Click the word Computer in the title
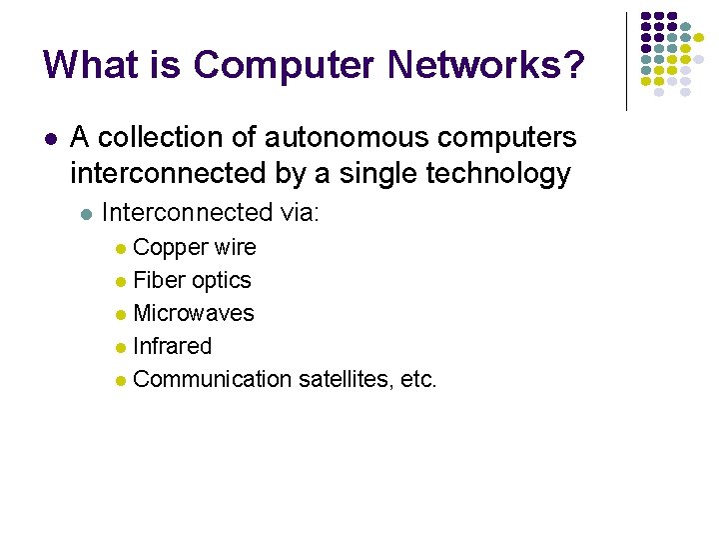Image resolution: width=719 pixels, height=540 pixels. [284, 66]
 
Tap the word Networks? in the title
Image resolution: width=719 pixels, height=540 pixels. [486, 66]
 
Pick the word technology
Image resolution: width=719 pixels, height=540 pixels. [498, 174]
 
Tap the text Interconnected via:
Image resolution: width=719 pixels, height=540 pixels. [211, 212]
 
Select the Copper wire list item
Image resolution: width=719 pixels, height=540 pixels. [194, 247]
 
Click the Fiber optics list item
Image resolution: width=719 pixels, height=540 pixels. [192, 280]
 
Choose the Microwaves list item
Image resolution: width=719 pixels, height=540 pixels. [194, 313]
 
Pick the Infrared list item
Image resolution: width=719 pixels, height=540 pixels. [172, 346]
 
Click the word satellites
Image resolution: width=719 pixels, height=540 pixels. [343, 379]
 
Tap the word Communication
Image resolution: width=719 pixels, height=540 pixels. [211, 379]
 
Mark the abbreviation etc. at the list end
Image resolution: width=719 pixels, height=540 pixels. [417, 379]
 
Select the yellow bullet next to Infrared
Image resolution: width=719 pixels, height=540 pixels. [121, 348]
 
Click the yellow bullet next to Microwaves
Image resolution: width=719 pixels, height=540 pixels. [121, 315]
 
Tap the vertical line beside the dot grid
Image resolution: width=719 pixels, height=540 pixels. [626, 60]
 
